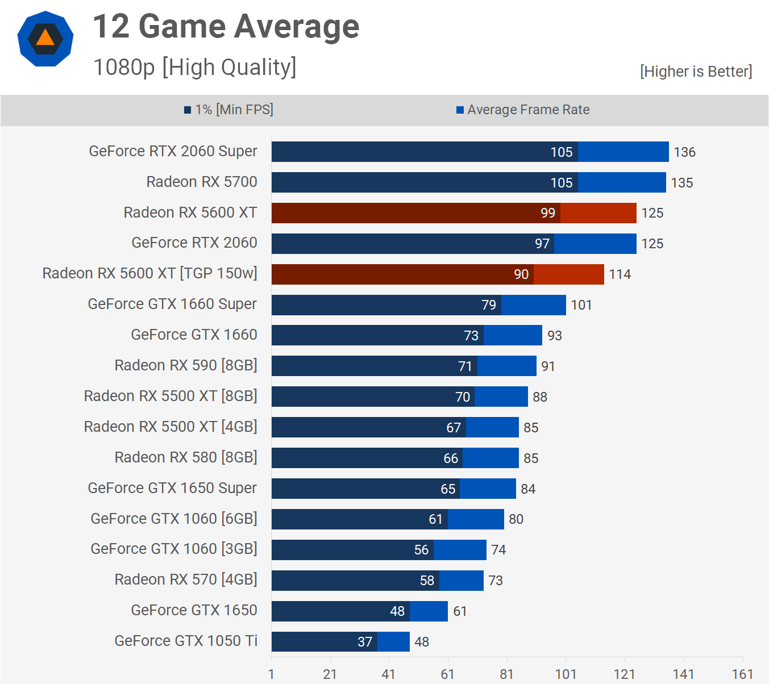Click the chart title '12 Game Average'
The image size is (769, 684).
(x=226, y=27)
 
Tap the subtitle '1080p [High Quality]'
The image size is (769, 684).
(x=194, y=67)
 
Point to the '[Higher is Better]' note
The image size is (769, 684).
(x=696, y=72)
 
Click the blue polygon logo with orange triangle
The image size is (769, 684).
(x=45, y=39)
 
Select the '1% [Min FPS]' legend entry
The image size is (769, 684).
(x=228, y=110)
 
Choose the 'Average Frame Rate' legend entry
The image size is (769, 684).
(x=523, y=110)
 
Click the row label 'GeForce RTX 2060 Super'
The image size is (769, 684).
(x=173, y=151)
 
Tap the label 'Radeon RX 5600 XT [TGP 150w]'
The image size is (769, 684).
(x=149, y=273)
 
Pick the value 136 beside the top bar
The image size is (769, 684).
(x=684, y=152)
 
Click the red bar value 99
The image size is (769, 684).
(x=548, y=213)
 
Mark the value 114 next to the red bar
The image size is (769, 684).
(x=620, y=274)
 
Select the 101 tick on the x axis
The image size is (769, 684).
(x=566, y=674)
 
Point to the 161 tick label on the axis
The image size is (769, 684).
(x=742, y=674)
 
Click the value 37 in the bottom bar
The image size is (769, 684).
(x=365, y=642)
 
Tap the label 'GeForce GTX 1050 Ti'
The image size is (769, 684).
(x=186, y=641)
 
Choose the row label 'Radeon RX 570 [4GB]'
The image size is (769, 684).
(x=186, y=579)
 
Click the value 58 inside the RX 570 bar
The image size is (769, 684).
(x=427, y=581)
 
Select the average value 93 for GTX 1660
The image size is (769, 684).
(x=554, y=336)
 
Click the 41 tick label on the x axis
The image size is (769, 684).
(x=389, y=674)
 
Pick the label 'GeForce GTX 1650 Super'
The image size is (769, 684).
(x=172, y=488)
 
